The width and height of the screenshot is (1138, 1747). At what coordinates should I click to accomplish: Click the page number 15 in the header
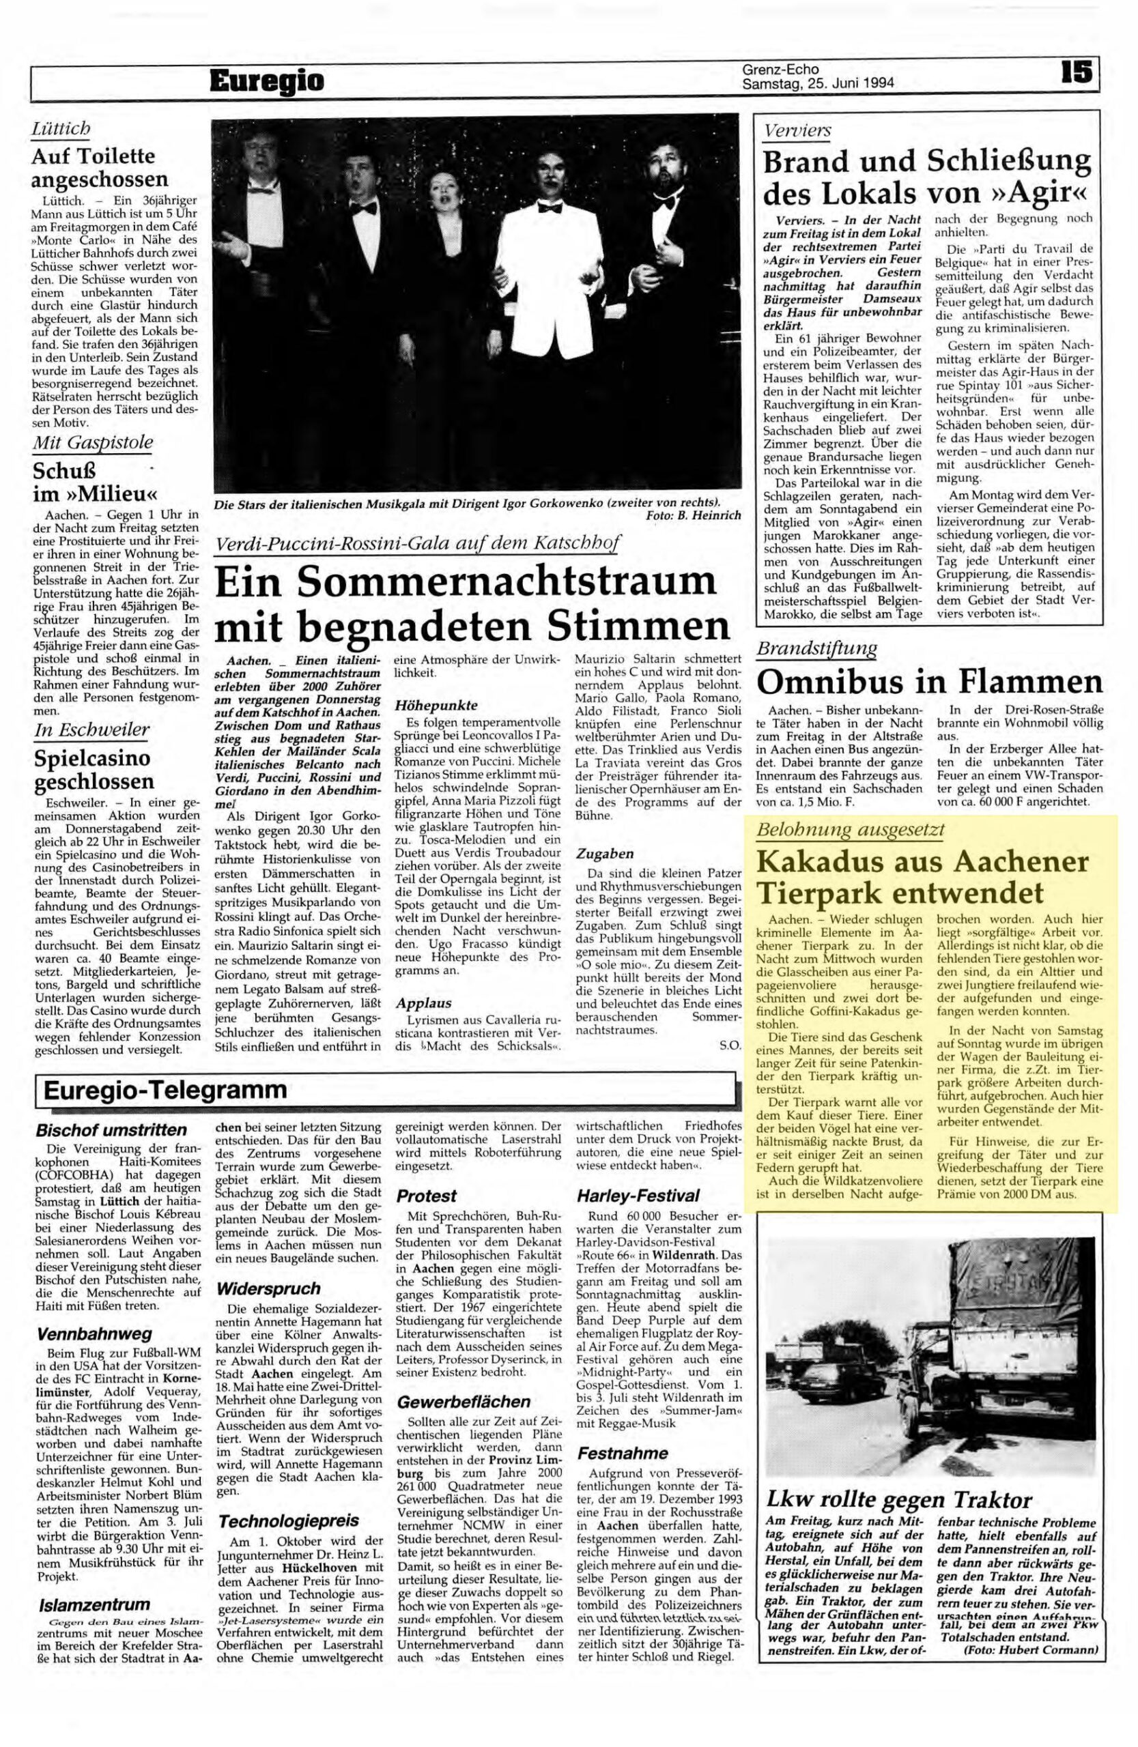1076,71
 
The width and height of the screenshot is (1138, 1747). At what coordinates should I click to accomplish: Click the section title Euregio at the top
266,80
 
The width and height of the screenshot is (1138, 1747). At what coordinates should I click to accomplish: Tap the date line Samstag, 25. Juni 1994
817,84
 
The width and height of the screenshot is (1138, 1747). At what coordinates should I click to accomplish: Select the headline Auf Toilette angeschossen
100,167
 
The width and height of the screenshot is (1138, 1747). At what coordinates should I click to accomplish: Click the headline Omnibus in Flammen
928,682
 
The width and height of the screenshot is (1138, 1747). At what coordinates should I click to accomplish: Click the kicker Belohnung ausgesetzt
850,831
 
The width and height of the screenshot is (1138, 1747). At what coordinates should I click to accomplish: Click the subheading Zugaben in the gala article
604,854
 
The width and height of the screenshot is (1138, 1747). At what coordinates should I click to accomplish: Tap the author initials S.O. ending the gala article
730,1044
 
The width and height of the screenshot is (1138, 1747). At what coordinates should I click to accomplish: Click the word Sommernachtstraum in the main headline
506,579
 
